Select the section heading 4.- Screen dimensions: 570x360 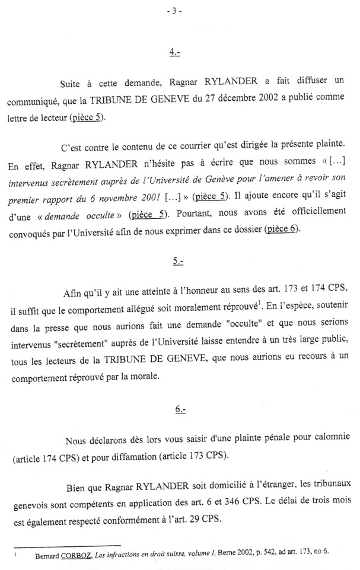(174, 53)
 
